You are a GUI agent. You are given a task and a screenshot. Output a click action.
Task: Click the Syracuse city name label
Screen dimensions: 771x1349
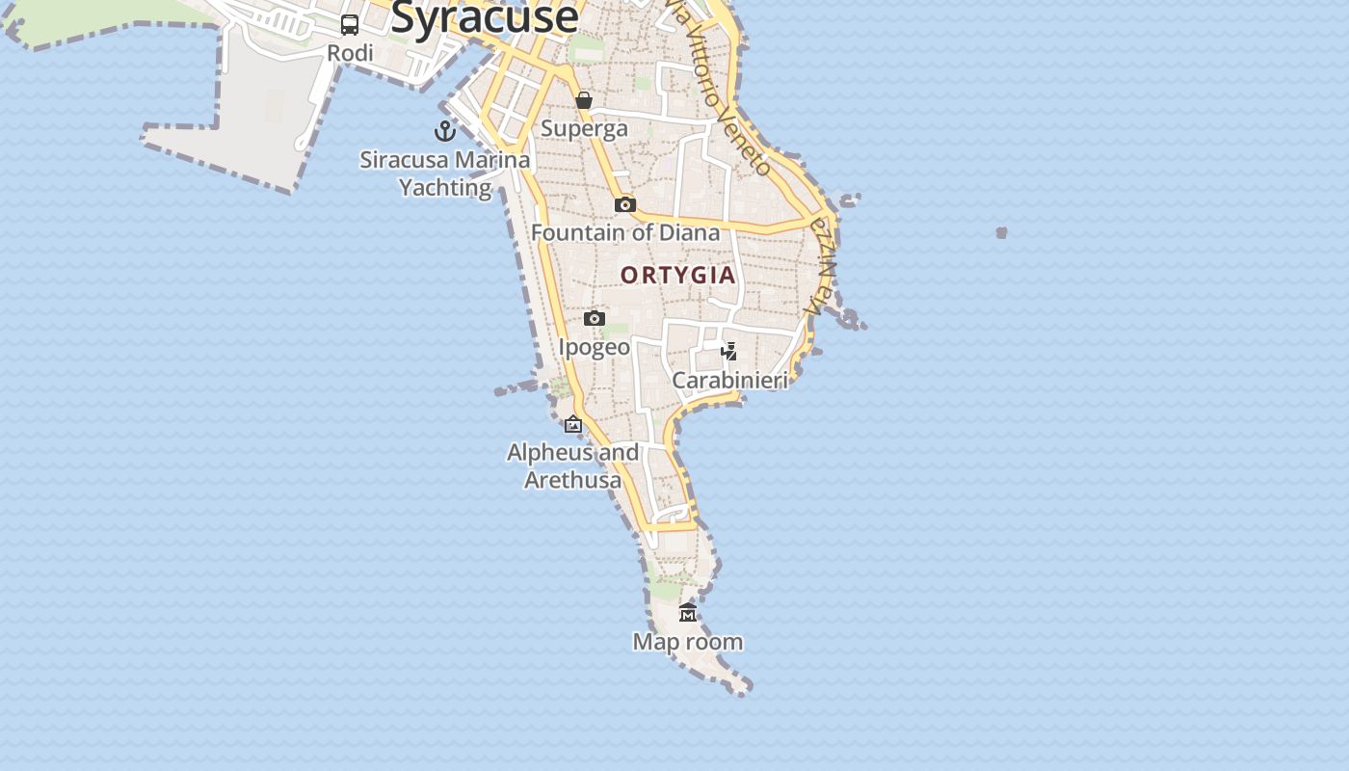(x=485, y=17)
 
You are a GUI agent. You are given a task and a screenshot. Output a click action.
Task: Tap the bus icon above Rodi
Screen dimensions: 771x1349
(x=350, y=25)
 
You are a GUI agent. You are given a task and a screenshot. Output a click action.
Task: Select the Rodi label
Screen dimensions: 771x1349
(x=350, y=53)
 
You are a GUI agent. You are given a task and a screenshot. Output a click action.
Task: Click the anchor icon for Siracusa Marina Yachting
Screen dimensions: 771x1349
(x=445, y=131)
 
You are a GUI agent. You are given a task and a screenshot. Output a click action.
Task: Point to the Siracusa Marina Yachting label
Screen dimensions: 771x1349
(x=445, y=173)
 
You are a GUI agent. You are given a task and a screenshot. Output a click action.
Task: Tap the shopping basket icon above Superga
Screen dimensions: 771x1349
(x=584, y=100)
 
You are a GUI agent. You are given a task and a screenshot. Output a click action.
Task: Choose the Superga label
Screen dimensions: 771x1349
(x=584, y=128)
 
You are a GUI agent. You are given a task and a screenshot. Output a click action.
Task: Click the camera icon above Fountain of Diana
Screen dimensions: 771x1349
(x=625, y=204)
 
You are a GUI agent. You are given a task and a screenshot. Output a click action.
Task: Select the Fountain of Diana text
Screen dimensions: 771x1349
(x=625, y=232)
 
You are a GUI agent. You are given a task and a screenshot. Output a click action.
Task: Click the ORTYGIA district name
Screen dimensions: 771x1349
(x=678, y=276)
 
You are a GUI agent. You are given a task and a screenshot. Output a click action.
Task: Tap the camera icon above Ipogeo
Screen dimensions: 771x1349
(x=595, y=319)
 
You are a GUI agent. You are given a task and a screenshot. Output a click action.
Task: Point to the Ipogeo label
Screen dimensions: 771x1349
(x=595, y=347)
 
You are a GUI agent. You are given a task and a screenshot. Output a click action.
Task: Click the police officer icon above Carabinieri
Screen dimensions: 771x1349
(x=729, y=352)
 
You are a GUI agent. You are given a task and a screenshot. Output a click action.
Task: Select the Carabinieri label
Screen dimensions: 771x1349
(x=729, y=380)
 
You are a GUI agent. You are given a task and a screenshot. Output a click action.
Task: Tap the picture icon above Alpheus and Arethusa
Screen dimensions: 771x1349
(x=573, y=424)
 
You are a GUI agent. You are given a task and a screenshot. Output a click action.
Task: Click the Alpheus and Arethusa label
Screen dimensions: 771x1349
(x=573, y=465)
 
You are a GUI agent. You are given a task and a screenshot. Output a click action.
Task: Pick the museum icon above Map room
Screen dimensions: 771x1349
(x=688, y=613)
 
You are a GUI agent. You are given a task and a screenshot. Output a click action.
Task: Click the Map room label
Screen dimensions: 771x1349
(x=688, y=641)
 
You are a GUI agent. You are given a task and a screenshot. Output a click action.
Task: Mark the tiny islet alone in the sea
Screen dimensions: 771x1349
(x=1002, y=232)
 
